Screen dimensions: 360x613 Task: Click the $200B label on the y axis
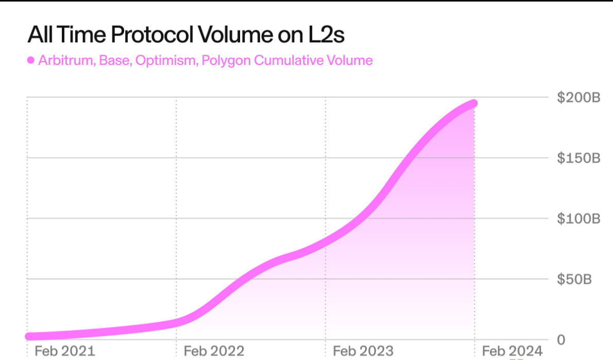pos(578,97)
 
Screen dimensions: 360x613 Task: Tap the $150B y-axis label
pos(578,158)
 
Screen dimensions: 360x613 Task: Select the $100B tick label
pos(578,218)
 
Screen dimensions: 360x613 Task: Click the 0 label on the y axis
pos(561,339)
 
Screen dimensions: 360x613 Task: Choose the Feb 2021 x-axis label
pos(64,351)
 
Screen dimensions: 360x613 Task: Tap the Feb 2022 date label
pos(214,351)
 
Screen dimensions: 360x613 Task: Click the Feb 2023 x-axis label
pos(363,351)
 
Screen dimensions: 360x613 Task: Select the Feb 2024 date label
pos(512,351)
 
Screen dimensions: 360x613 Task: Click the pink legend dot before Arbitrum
pos(30,60)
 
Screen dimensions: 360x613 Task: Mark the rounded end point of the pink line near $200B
pos(473,104)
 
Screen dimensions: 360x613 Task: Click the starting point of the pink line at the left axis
pos(29,336)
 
